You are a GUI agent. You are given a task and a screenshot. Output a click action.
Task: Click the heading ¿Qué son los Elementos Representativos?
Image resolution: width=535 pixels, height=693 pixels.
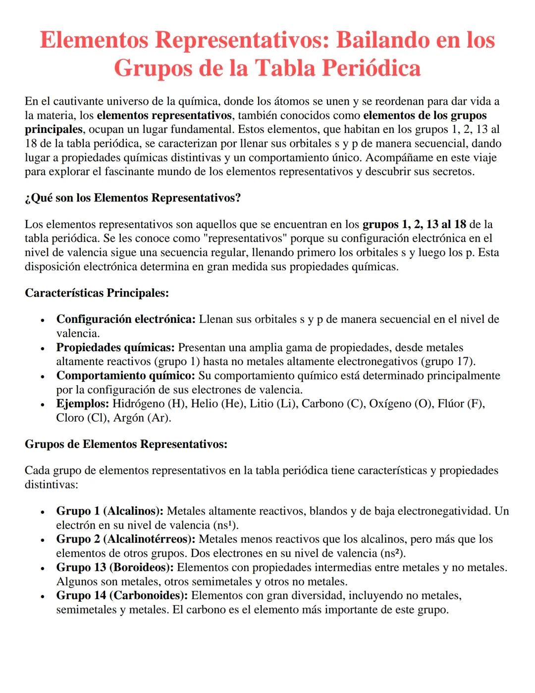(x=133, y=198)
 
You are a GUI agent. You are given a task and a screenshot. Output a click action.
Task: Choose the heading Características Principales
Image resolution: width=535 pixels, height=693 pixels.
(x=97, y=293)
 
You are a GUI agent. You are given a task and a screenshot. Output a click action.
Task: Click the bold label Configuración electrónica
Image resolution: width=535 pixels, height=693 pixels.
(x=126, y=319)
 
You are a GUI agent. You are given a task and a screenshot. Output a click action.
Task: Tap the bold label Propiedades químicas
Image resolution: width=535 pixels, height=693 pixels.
(x=115, y=347)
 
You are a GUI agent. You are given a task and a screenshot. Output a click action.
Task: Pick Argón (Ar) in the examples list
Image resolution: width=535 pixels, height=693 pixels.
(x=142, y=418)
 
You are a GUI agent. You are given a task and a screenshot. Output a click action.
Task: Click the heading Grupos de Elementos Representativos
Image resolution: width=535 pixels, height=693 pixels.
(x=126, y=444)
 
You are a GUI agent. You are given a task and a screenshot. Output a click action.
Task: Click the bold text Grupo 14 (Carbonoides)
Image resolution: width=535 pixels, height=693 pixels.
(x=122, y=596)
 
